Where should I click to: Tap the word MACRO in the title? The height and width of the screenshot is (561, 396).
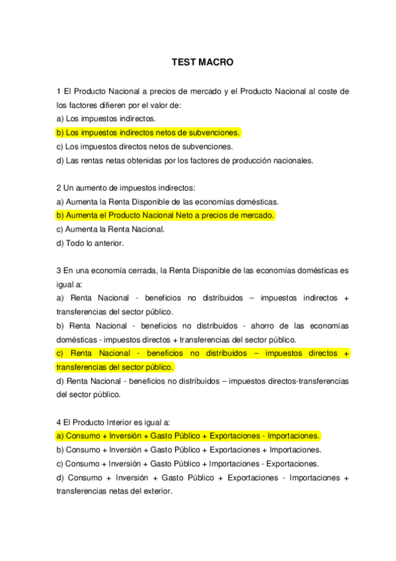click(x=216, y=63)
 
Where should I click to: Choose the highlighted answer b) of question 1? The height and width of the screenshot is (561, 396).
click(x=149, y=132)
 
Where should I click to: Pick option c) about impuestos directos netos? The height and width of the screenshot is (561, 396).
click(x=145, y=146)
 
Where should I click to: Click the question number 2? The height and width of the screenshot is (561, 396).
click(x=59, y=188)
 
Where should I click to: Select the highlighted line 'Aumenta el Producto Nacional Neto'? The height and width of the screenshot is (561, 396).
click(x=165, y=215)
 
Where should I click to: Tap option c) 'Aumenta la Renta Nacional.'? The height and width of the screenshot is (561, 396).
click(x=110, y=229)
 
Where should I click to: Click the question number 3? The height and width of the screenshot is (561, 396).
click(x=59, y=271)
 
